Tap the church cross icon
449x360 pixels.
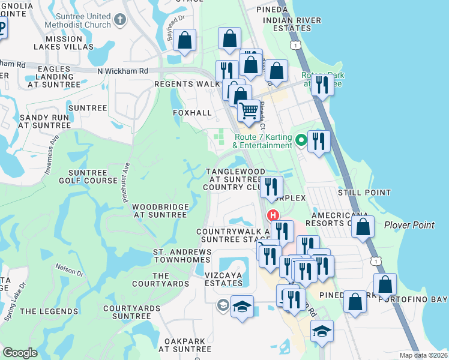[120, 20]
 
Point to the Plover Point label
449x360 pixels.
[409, 224]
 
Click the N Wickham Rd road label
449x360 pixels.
[122, 71]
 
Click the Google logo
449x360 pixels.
[20, 353]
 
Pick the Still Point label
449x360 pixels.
[365, 193]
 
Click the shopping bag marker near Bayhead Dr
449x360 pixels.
[185, 41]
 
